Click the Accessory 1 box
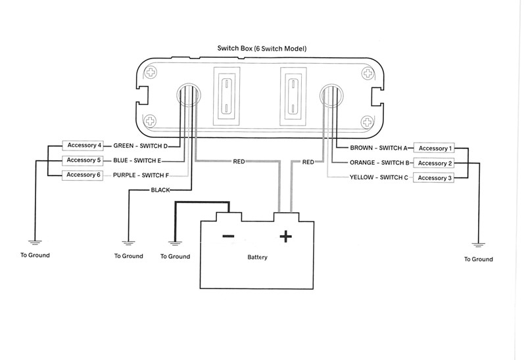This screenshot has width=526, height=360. point(436,148)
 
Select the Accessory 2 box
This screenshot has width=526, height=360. point(436,163)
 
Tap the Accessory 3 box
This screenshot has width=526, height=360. point(436,178)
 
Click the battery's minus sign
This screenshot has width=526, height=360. point(227,236)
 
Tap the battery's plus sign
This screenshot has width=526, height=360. point(286,236)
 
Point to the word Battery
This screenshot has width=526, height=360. point(257,258)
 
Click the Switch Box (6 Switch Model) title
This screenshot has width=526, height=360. point(262,49)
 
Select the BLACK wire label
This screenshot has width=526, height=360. point(160,190)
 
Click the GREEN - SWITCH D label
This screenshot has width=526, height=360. point(141,146)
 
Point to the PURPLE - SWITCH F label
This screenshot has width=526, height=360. point(141,175)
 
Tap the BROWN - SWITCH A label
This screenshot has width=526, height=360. point(379,148)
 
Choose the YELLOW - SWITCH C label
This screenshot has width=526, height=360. point(379,178)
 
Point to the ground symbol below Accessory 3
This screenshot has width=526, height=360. point(478,245)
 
